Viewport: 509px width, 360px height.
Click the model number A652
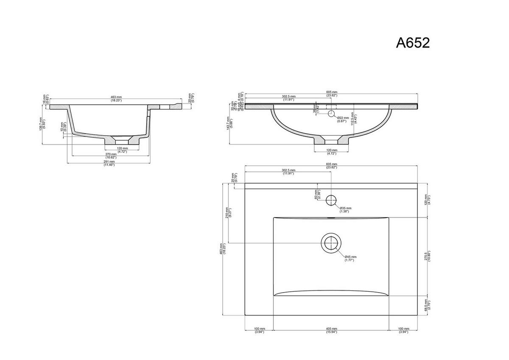413,43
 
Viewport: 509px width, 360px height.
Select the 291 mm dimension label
110,163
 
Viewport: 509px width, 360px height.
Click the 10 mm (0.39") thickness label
63,127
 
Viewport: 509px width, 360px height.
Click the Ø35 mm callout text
345,209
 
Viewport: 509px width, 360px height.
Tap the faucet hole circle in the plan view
331,199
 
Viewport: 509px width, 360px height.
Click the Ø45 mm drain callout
350,258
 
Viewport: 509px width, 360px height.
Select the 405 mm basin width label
331,330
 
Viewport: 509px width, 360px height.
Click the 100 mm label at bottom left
260,330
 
